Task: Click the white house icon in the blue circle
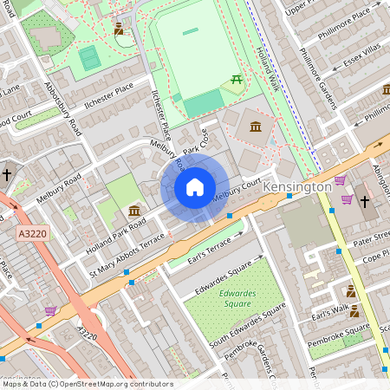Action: pos(195,187)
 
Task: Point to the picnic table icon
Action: pos(235,81)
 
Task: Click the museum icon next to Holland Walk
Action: pos(257,128)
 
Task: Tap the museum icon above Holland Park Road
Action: pos(135,211)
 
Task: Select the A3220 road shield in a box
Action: pos(29,234)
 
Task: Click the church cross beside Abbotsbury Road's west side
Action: pos(7,175)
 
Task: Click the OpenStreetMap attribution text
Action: pos(87,384)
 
